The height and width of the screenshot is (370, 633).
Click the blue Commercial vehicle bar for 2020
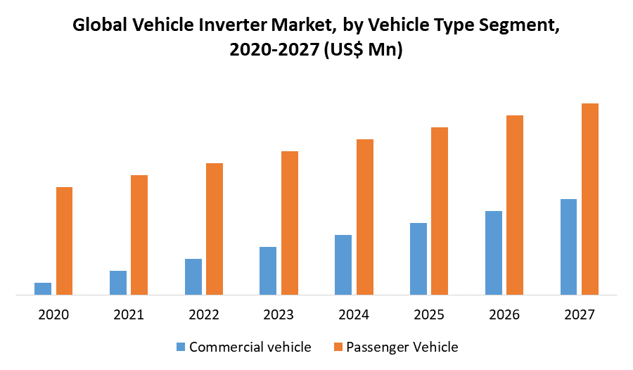(43, 288)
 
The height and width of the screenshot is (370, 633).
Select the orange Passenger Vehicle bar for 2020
(65, 241)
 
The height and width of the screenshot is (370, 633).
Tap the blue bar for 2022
(193, 276)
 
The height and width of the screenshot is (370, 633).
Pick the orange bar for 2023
(290, 223)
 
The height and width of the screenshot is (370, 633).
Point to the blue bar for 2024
(343, 264)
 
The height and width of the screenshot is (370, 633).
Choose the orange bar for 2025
(440, 211)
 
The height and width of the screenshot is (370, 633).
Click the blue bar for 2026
(494, 253)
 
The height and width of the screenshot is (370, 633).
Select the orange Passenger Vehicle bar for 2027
(589, 199)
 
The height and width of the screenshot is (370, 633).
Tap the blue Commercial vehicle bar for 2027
(568, 247)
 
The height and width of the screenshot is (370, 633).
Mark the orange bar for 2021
(139, 235)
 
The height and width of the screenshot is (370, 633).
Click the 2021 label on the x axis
(129, 314)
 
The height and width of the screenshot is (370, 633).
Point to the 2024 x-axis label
(354, 314)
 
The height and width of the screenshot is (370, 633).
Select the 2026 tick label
(504, 314)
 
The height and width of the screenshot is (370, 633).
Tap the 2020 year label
(53, 314)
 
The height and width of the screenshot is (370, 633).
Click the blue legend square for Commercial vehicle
(181, 347)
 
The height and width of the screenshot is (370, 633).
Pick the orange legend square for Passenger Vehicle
(338, 347)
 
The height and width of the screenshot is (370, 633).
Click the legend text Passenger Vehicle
(403, 347)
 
